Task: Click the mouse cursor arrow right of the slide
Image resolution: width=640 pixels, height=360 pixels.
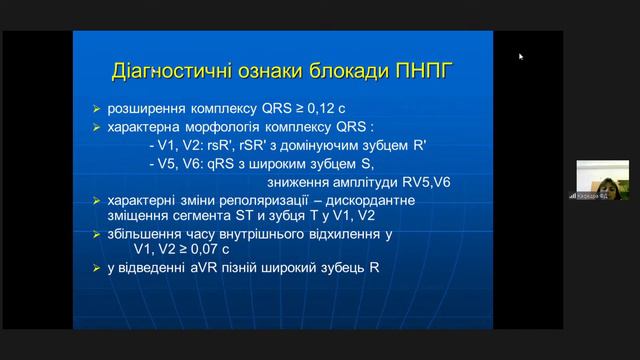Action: [x=521, y=57]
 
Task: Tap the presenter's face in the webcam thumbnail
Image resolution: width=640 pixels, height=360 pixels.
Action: [x=609, y=178]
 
